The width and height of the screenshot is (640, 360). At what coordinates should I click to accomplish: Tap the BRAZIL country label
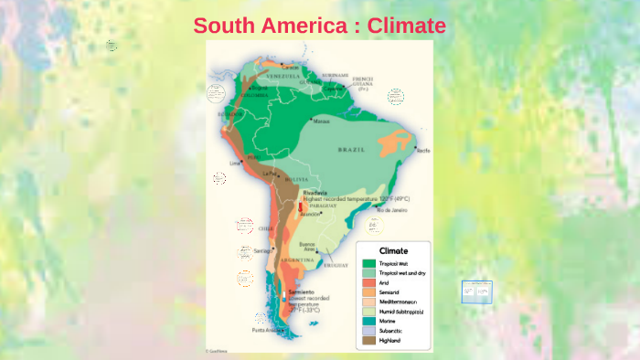[352, 148]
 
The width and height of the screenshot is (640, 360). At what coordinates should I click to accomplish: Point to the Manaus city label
[321, 121]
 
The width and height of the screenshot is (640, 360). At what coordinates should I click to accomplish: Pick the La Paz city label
[268, 172]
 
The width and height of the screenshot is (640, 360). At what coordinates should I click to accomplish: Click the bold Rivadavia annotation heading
[315, 192]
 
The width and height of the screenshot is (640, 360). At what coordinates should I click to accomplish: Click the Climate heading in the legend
[393, 250]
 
